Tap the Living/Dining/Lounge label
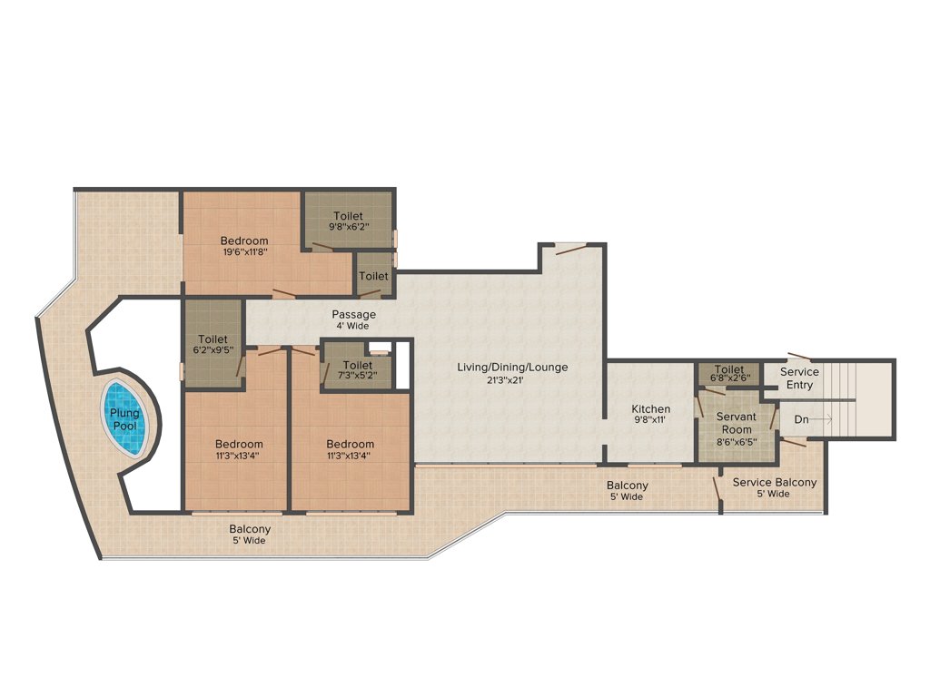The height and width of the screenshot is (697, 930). pyautogui.click(x=513, y=368)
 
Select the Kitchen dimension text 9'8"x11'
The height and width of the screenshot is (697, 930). pyautogui.click(x=650, y=421)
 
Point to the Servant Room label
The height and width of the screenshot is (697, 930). pyautogui.click(x=736, y=422)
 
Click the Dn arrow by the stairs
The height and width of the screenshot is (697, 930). pyautogui.click(x=814, y=419)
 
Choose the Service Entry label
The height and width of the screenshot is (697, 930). pyautogui.click(x=799, y=378)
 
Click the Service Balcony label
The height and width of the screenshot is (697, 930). pyautogui.click(x=774, y=483)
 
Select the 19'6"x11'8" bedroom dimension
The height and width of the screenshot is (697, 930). pyautogui.click(x=243, y=253)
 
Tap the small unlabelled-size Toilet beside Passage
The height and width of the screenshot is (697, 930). pyautogui.click(x=372, y=276)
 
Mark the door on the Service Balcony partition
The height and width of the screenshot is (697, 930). pyautogui.click(x=717, y=487)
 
